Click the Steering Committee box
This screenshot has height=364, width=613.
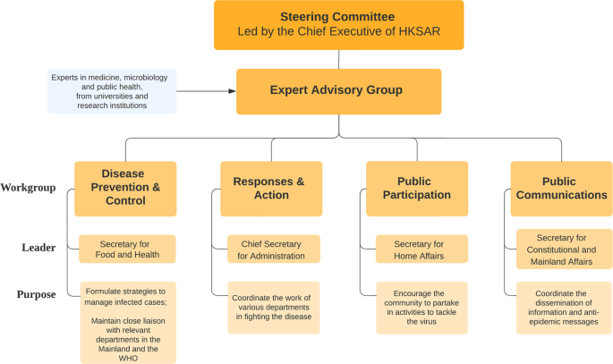coord(338,26)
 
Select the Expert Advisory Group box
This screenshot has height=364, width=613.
coord(338,90)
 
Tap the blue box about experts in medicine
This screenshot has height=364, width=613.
coord(111,90)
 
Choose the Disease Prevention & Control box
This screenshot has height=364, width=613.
coord(125,188)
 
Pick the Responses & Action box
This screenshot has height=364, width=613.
coord(271,188)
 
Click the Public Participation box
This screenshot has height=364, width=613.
coord(417,188)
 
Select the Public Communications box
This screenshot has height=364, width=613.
coord(561,188)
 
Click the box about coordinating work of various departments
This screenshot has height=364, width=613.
coord(271,308)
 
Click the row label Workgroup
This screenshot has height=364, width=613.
coord(29,188)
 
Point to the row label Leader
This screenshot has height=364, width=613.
coord(38,248)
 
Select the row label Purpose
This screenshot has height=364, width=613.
coord(37,294)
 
